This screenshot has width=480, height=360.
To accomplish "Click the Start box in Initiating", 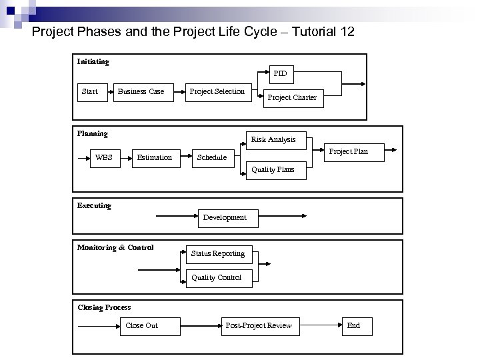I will [89, 92].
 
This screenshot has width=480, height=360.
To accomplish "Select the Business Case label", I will [141, 92].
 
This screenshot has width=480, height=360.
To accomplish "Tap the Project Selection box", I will [217, 91].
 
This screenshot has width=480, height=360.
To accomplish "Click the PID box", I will [280, 73].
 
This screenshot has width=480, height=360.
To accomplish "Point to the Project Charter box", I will [292, 98].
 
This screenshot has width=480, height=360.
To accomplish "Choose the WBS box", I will [104, 158].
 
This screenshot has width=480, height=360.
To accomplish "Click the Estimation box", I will [155, 158].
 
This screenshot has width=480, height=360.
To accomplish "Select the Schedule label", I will [212, 158].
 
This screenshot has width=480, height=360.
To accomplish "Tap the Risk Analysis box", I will [273, 139].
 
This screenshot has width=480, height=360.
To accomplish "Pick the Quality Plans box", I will [273, 170].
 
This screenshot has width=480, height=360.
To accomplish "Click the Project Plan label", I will [349, 151].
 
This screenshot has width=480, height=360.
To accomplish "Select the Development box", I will [225, 217].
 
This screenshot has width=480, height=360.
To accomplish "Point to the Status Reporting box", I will [217, 254].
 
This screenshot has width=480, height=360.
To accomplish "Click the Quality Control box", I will [217, 278].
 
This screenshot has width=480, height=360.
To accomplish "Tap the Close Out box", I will [142, 325].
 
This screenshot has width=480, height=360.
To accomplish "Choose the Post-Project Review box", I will [259, 325].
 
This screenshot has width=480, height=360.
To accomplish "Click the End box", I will [353, 325].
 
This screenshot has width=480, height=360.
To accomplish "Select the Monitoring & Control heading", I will [115, 248].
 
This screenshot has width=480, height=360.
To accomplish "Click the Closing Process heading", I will [104, 307].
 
